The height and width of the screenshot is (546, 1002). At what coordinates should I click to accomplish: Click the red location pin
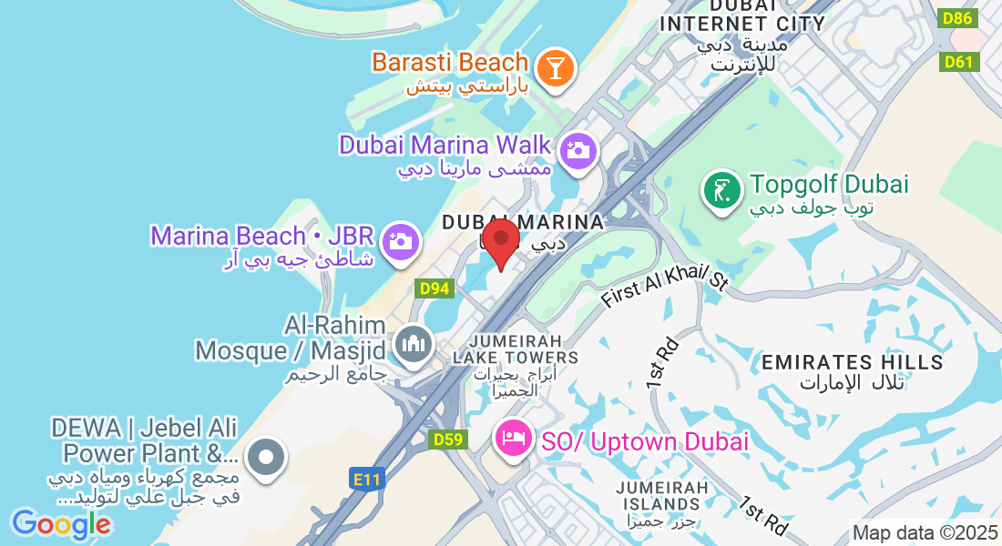pyautogui.click(x=501, y=241)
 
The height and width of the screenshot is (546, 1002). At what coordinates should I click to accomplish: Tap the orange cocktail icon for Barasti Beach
pyautogui.click(x=553, y=68)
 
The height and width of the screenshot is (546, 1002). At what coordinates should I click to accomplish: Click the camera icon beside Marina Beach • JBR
pyautogui.click(x=399, y=242)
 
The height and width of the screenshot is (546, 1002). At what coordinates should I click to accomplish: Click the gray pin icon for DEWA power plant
pyautogui.click(x=266, y=457)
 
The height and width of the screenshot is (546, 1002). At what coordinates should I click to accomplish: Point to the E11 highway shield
pyautogui.click(x=363, y=477)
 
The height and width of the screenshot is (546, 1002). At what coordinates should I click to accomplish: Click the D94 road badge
pyautogui.click(x=435, y=288)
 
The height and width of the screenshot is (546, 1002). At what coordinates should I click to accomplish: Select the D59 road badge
pyautogui.click(x=448, y=440)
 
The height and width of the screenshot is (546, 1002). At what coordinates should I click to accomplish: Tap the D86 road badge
pyautogui.click(x=958, y=17)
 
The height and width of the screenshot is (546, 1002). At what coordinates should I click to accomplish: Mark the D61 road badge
pyautogui.click(x=958, y=61)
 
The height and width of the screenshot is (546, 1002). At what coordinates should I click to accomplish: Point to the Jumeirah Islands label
pyautogui.click(x=662, y=496)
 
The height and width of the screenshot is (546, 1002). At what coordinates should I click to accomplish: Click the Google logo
pyautogui.click(x=61, y=524)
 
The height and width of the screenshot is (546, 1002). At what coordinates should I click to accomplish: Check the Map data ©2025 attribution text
pyautogui.click(x=924, y=533)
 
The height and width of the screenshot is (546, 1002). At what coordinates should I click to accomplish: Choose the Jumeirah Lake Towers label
pyautogui.click(x=515, y=349)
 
